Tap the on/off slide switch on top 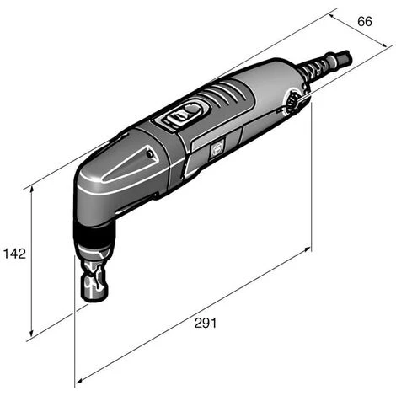click(x=188, y=113)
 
